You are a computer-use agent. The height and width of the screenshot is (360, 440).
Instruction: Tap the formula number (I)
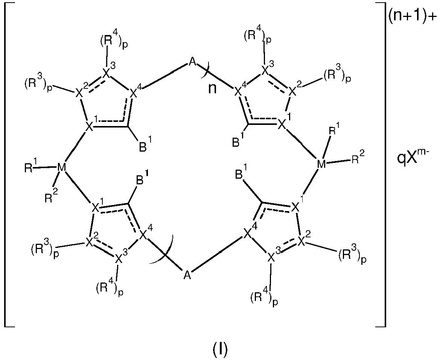[x=220, y=349]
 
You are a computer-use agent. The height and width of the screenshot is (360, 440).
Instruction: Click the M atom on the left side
[x=61, y=167]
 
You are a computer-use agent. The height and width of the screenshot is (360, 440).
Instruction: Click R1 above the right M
[x=333, y=132]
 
